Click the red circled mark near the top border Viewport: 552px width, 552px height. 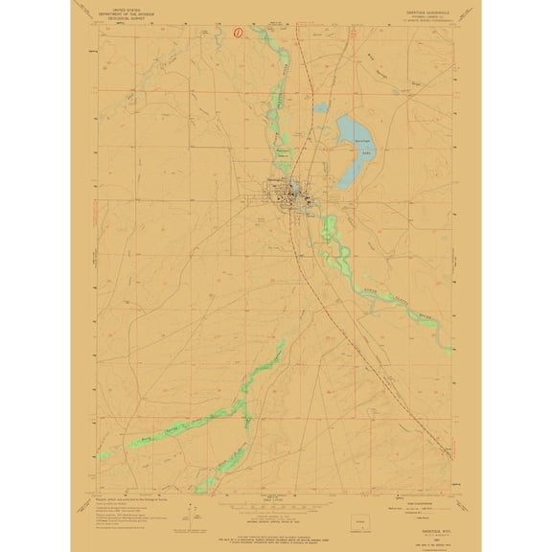(238, 30)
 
